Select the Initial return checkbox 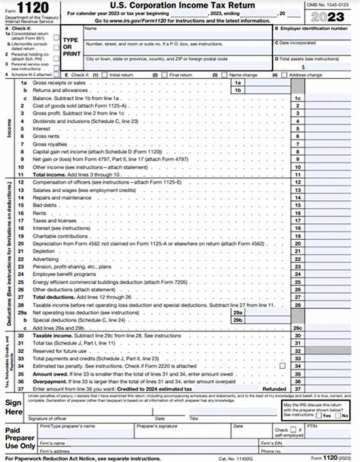pos(104,75)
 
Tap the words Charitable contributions pos(54,236)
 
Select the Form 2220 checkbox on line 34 pos(282,366)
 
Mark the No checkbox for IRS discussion pos(338,416)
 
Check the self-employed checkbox pos(293,430)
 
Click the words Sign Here pos(13,407)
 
